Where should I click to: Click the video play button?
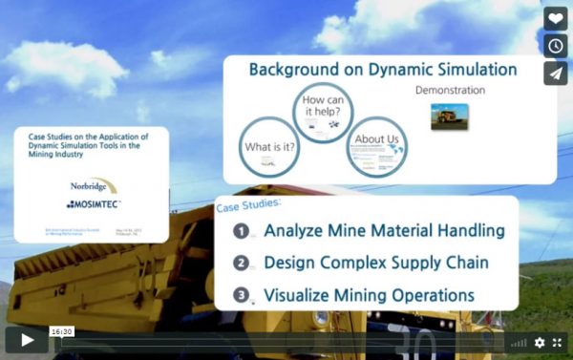point(27,340)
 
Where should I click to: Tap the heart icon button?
point(556,18)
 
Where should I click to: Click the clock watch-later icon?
point(556,46)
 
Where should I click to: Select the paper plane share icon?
point(556,74)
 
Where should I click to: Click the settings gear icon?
point(540,342)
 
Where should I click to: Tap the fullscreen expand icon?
point(558,342)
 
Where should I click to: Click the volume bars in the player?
point(519,342)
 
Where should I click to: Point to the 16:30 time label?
point(61,331)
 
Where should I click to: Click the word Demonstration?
point(450,91)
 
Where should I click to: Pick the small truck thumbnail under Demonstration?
point(449,116)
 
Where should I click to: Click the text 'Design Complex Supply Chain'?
point(376,263)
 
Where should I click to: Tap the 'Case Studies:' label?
point(249,205)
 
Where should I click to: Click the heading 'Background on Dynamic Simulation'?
point(383,70)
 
